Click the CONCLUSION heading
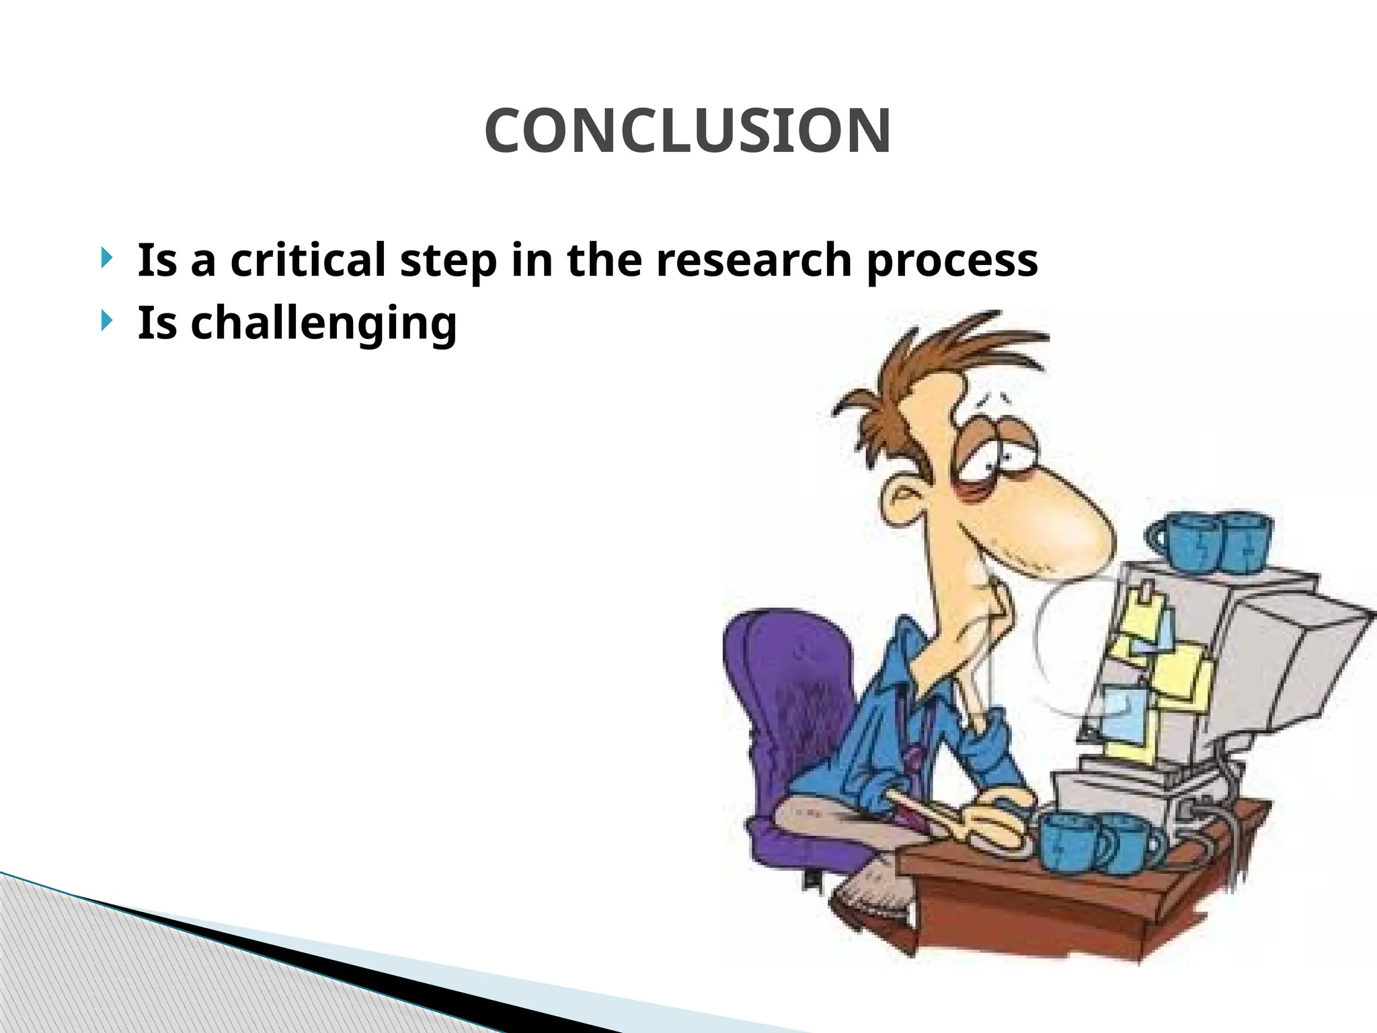tap(688, 130)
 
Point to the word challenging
tap(297, 324)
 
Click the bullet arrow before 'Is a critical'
tap(106, 258)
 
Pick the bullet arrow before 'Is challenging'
tap(106, 321)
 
